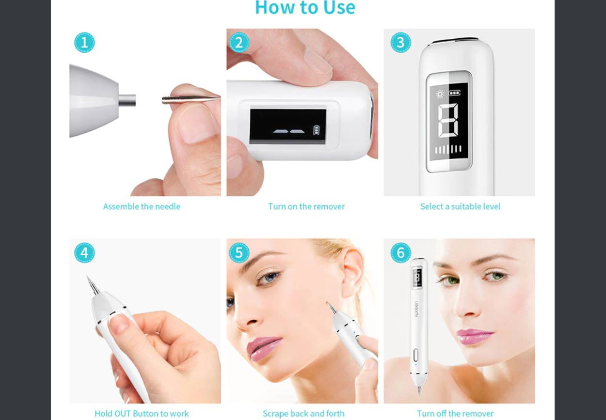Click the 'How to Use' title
[305, 8]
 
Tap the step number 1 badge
[84, 43]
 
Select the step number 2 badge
[239, 43]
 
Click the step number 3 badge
[400, 43]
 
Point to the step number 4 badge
[84, 253]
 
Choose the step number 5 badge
[239, 253]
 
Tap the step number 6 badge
[400, 253]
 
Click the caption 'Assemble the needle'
[142, 206]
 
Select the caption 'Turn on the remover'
[306, 206]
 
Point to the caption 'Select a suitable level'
[460, 206]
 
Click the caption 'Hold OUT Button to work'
[142, 414]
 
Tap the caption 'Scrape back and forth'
[303, 414]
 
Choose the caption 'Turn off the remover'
[455, 414]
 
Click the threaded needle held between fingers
[191, 99]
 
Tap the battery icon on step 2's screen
[316, 130]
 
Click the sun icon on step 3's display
[440, 94]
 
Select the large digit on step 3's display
[448, 121]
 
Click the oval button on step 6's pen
[416, 355]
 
